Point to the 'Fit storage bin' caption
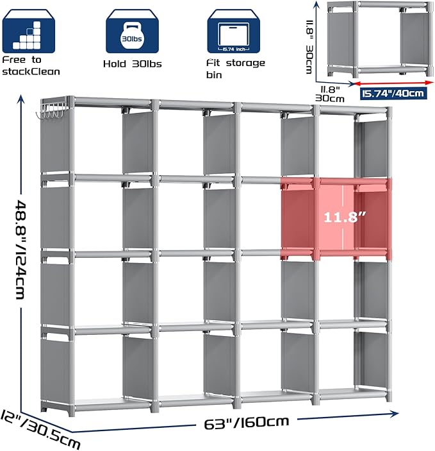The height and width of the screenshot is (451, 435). coord(236,68)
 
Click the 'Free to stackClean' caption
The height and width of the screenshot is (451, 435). coord(31,65)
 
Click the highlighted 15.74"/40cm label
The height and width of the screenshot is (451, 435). coord(392,94)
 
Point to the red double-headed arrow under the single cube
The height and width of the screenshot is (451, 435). coord(392,83)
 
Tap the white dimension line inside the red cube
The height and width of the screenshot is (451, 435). coord(353,218)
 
